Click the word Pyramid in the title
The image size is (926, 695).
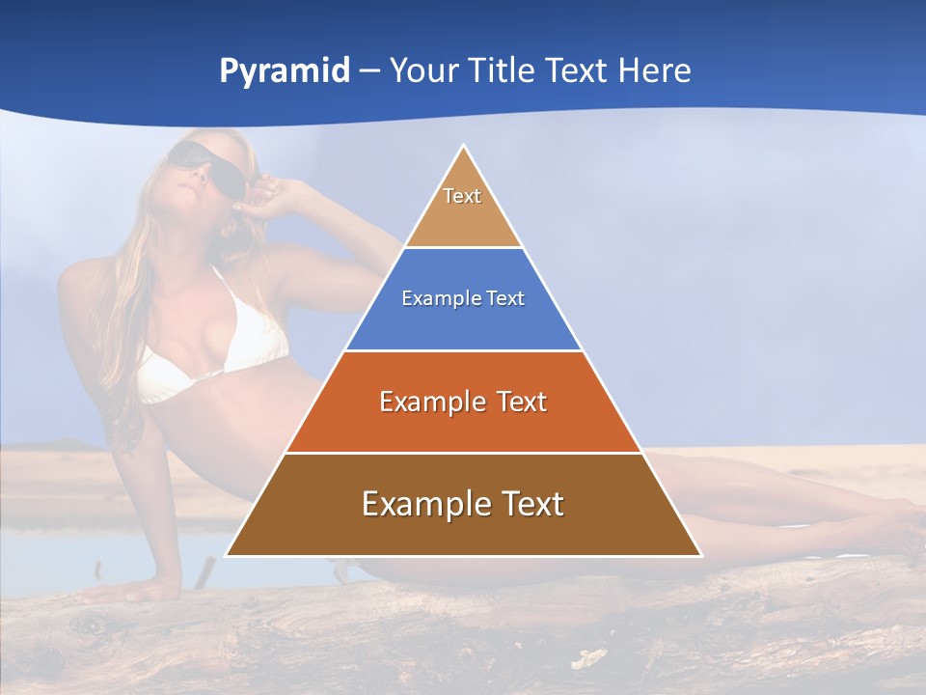(x=284, y=71)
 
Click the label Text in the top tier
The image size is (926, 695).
(x=462, y=196)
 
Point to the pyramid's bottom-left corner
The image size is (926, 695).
(x=226, y=556)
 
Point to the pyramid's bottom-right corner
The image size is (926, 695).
(x=701, y=556)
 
